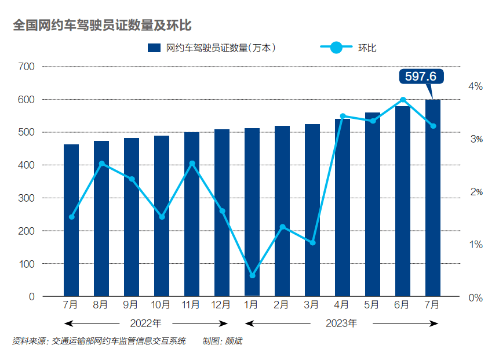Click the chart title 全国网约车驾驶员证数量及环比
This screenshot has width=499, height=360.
pos(102,26)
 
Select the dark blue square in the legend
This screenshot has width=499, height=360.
pos(154,48)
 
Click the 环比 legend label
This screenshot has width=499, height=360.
pos(368,48)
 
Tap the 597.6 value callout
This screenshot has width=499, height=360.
pos(421,77)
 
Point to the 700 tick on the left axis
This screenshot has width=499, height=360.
pos(26,67)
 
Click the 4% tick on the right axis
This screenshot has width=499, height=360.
pos(475,86)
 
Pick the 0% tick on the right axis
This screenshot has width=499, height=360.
pos(475,297)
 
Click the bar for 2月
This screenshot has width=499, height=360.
pos(282,211)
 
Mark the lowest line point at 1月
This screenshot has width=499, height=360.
pos(252,275)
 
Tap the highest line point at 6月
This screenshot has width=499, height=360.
pos(403,100)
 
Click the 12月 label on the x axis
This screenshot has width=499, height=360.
pos(221,304)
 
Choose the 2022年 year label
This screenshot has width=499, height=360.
pos(145,323)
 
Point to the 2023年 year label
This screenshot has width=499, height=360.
pos(341,323)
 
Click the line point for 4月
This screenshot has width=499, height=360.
pos(343,116)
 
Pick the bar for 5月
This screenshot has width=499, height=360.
pos(373,204)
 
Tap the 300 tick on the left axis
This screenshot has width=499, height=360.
pos(26,198)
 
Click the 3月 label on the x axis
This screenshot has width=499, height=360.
pos(312,304)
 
